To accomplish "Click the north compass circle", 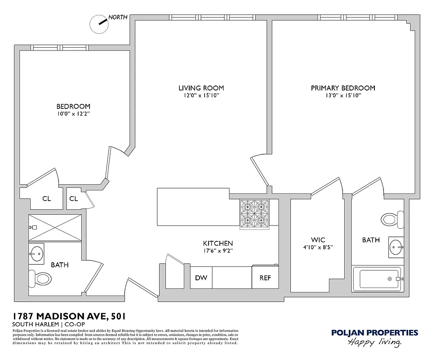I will tap(99, 24).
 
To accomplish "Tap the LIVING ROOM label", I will tap(201, 88).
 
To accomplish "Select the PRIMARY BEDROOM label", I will tap(343, 88).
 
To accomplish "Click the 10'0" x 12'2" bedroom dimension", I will tap(73, 114).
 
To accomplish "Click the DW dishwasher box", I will tap(201, 278).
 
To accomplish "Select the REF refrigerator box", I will tap(265, 278).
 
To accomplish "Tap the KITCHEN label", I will tap(218, 243).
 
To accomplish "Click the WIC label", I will tap(318, 240).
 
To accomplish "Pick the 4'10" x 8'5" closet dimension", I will tap(318, 247).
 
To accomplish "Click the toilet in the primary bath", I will tap(390, 220).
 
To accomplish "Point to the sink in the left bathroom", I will tap(37, 254).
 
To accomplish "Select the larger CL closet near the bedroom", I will tap(47, 198).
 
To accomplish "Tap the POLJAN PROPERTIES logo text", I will tap(374, 333).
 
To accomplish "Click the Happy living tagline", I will tap(374, 343).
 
